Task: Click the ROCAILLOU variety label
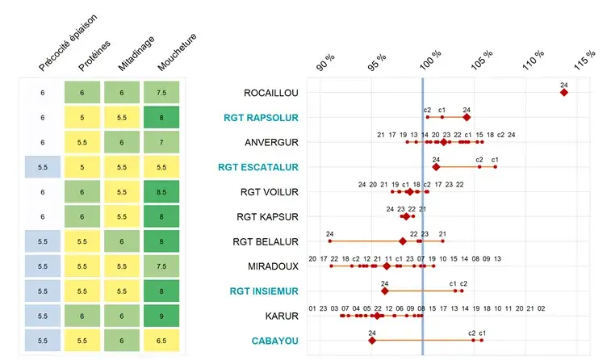[x=270, y=93]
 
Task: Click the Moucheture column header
[x=178, y=52]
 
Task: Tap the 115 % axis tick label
[x=584, y=60]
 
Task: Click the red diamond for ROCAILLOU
[x=563, y=93]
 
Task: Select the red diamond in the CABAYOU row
[x=372, y=341]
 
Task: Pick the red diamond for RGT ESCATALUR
[x=436, y=167]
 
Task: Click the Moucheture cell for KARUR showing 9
[x=162, y=316]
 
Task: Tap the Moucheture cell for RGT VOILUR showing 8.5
[x=162, y=192]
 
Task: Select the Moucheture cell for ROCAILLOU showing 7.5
[x=162, y=93]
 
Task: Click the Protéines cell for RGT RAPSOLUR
[x=82, y=118]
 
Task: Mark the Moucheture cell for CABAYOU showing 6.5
[x=162, y=341]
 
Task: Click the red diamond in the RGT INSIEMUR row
[x=384, y=291]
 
